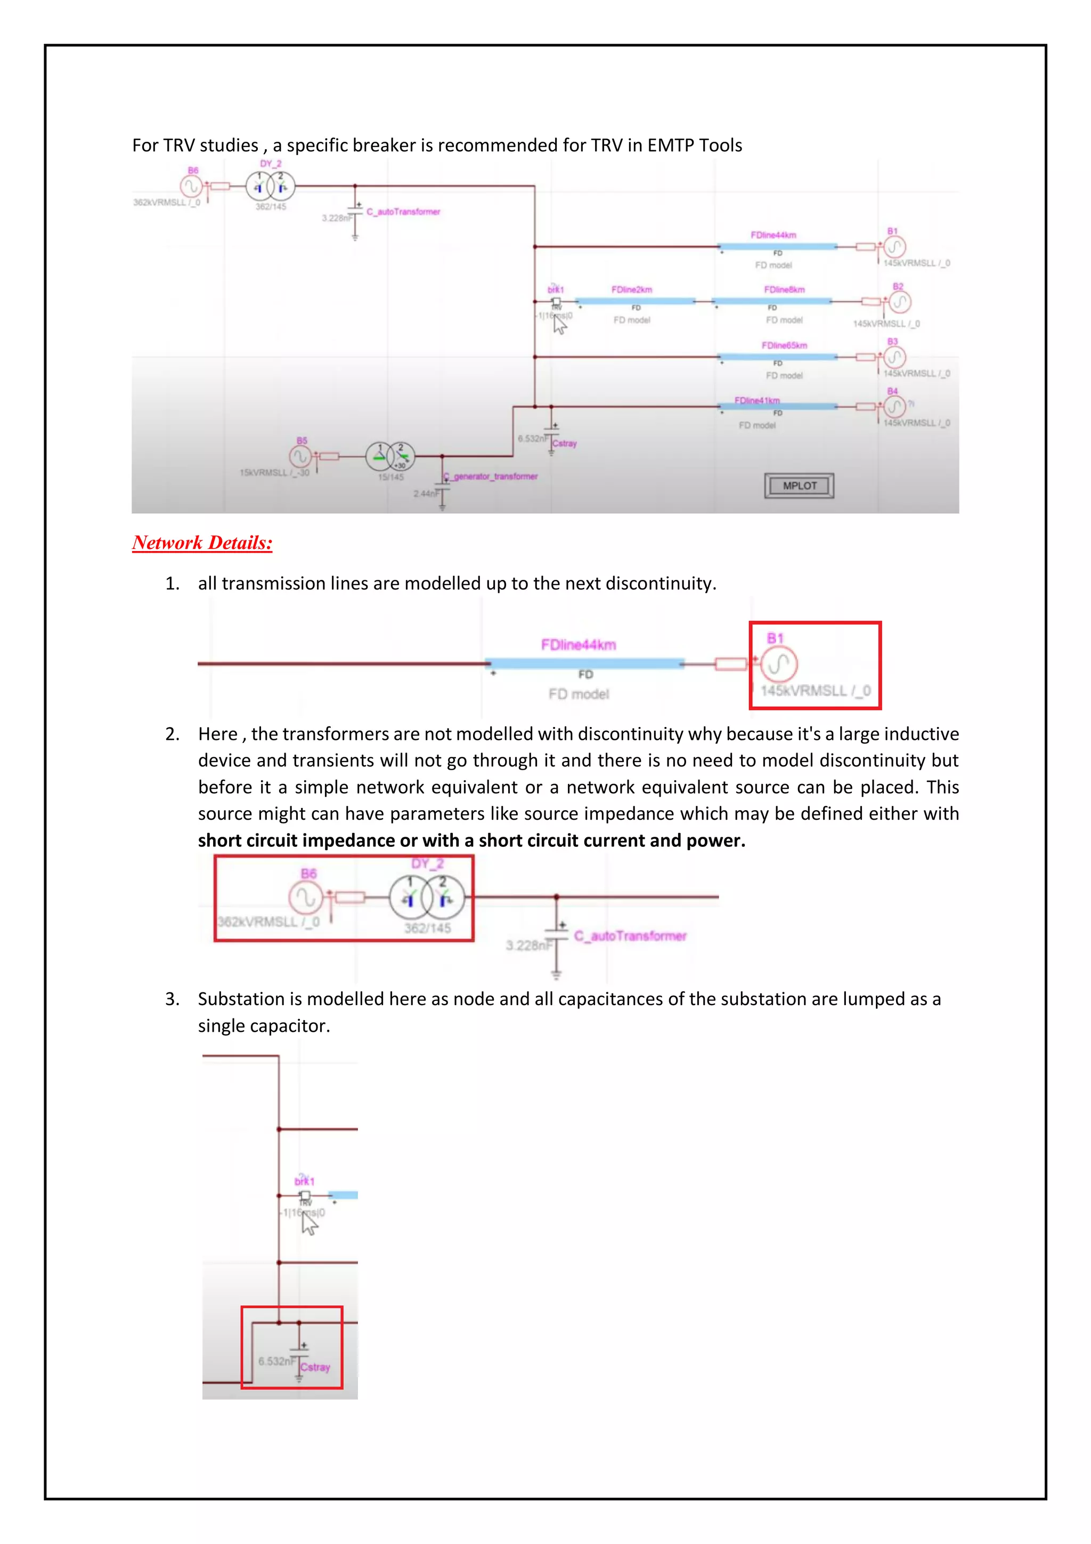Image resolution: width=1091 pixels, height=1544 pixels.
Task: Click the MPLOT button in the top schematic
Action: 799,486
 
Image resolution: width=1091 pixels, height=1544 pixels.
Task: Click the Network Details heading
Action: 202,543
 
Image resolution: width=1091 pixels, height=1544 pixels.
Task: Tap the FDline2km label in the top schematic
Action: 631,290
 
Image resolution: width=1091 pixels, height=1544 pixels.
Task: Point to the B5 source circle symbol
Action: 300,457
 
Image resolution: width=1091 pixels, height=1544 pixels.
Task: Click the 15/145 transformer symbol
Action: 390,457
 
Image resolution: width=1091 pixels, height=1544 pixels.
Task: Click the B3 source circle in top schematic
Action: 895,357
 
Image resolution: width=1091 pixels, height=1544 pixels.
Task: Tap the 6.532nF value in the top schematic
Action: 532,439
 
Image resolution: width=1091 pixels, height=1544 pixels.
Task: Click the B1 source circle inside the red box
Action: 778,665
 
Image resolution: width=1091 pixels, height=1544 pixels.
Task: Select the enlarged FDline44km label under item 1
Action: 578,645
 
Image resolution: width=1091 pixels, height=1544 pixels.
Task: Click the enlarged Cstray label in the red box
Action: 315,1367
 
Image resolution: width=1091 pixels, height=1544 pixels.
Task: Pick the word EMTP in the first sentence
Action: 671,145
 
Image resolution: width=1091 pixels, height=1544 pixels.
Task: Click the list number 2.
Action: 172,734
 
